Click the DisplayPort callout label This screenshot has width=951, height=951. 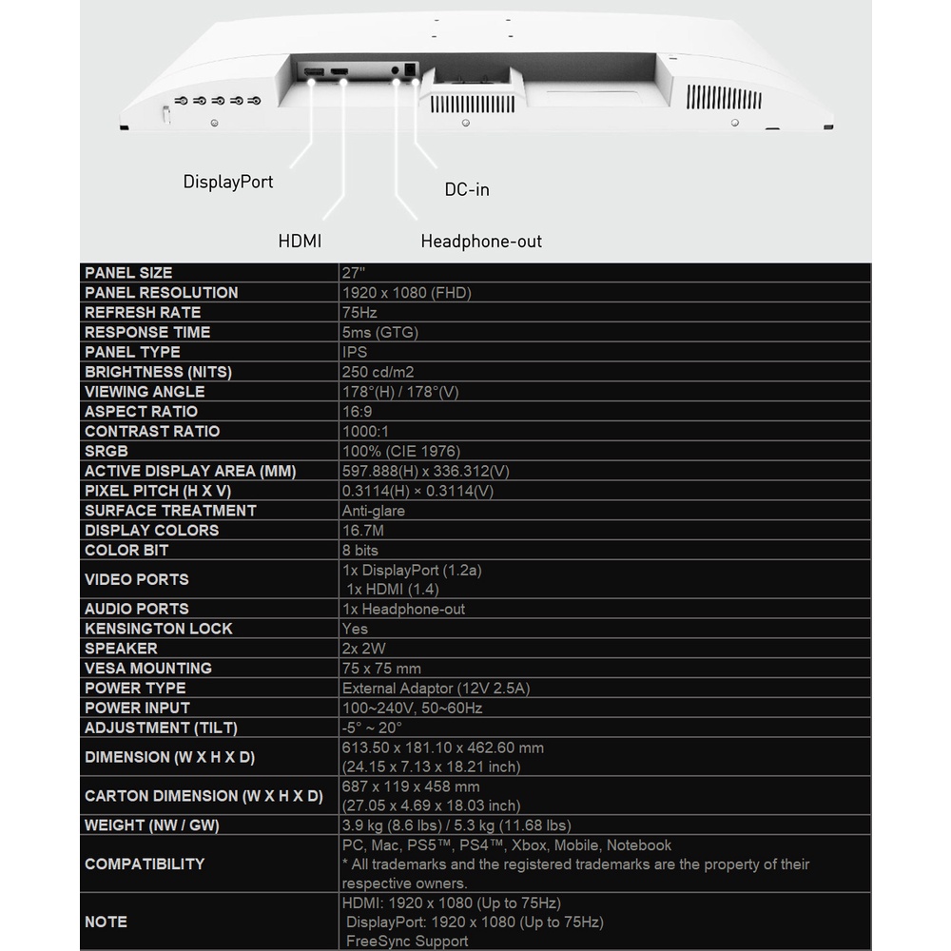tap(228, 182)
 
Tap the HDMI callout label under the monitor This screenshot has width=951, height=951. tap(300, 242)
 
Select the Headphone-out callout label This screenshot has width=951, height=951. tap(481, 242)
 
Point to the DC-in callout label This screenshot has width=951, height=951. tap(467, 189)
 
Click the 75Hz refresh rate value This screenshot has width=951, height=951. tap(359, 312)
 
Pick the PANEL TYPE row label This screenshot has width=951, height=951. tap(132, 352)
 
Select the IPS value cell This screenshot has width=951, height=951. tap(354, 352)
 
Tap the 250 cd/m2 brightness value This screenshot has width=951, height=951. tap(378, 372)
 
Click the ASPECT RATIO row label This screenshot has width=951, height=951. tap(141, 412)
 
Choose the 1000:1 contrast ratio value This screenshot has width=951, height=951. tap(365, 432)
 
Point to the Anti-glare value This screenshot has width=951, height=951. tap(373, 511)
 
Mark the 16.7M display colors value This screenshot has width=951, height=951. tap(362, 531)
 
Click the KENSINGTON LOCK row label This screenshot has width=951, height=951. tap(158, 629)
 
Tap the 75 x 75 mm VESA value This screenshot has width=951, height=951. tap(380, 669)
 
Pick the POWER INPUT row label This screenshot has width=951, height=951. tap(137, 708)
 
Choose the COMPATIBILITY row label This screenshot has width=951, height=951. tap(145, 864)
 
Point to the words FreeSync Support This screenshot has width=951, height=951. tap(407, 941)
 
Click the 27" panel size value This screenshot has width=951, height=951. tap(352, 273)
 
